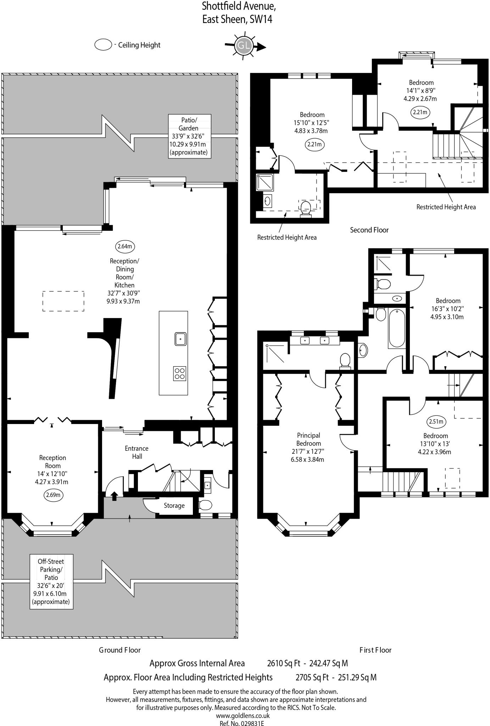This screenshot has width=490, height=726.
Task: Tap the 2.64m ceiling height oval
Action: tap(125, 246)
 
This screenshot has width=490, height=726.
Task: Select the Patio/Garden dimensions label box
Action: tap(190, 136)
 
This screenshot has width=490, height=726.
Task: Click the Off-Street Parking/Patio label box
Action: tap(51, 581)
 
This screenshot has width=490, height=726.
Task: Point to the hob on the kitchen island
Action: tap(180, 373)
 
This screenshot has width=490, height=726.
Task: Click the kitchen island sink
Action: tap(180, 339)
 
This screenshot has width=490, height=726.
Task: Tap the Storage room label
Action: tap(174, 506)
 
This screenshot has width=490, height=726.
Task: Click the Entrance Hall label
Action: tap(137, 452)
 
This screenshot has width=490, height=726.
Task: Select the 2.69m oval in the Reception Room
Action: tap(53, 495)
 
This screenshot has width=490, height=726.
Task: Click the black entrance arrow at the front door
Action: tap(114, 496)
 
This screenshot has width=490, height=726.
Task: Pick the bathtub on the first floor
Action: tap(397, 328)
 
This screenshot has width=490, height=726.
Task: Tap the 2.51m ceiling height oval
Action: tap(436, 421)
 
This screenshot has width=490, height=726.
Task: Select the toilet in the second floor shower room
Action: tap(306, 208)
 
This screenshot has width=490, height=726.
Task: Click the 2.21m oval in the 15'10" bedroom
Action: tap(314, 144)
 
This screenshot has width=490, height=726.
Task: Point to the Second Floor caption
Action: tap(369, 230)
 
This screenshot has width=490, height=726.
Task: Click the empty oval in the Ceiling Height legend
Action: tap(103, 45)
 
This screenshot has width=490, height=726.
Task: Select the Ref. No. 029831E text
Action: tap(242, 723)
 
